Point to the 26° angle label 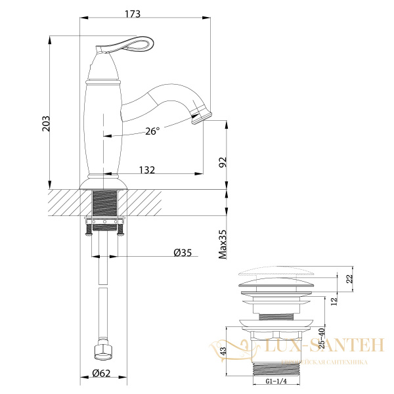(152, 131)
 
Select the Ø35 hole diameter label (182, 253)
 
